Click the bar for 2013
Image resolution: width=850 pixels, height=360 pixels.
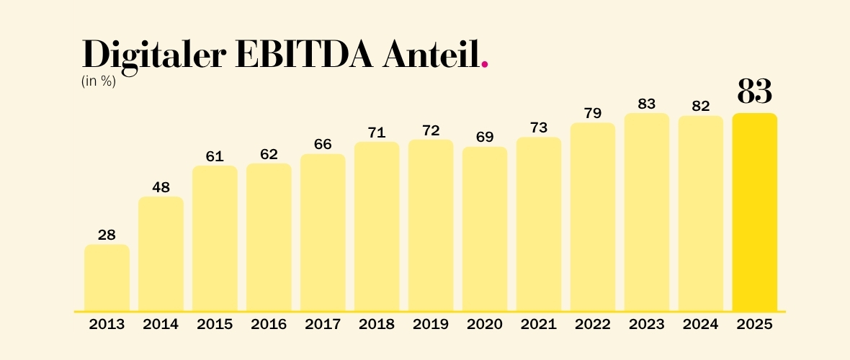point(107,278)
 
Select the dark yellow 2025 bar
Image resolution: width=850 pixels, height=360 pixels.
point(755,212)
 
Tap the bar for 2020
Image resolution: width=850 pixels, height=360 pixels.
point(485,229)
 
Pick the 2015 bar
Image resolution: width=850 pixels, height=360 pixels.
point(215,238)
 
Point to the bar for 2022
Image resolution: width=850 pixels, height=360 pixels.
point(593,217)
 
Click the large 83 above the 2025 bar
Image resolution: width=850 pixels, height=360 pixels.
point(754,91)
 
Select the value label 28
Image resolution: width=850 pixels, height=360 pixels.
point(107,235)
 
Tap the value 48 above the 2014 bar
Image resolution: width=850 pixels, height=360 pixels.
point(161,187)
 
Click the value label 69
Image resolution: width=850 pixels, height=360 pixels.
point(485,137)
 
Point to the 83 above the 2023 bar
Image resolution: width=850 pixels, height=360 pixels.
point(647,104)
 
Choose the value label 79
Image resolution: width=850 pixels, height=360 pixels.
point(593,113)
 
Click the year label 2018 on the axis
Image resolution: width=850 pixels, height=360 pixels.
point(377,324)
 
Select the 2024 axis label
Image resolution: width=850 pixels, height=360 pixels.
point(700,324)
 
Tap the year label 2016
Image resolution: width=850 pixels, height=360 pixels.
point(269,324)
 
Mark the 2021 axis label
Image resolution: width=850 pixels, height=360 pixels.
point(538,324)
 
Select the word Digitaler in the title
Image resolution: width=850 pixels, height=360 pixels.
point(153,56)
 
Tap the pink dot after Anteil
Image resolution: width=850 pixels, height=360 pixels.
point(485,65)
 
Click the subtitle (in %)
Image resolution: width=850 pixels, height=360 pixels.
point(99,82)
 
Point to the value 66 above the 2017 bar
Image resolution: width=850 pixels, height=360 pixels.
point(323,144)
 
